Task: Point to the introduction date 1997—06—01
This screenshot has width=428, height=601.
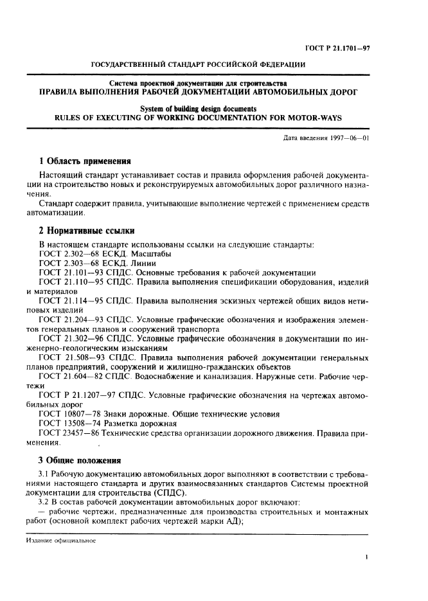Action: [348, 138]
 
